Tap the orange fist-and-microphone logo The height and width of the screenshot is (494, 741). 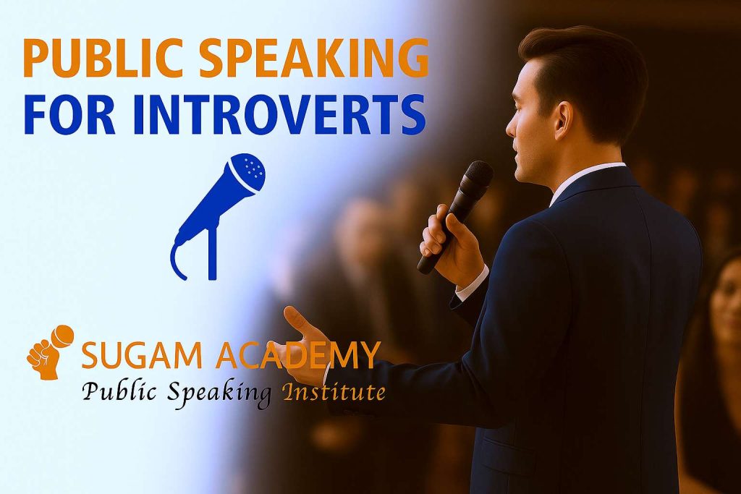pyautogui.click(x=50, y=352)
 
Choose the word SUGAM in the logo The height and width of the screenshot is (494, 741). pyautogui.click(x=127, y=355)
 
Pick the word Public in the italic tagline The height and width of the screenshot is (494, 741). pyautogui.click(x=115, y=393)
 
